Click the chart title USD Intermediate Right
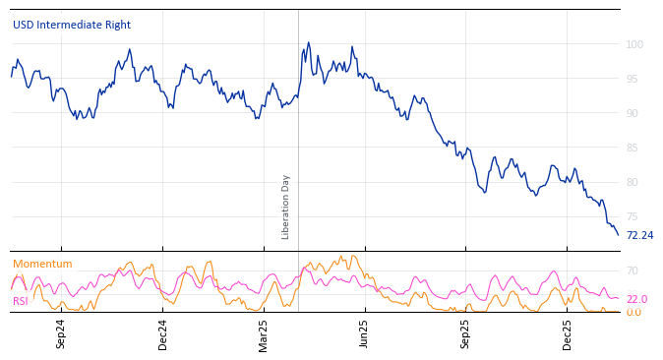72,26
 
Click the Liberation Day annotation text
286,207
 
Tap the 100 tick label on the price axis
634,45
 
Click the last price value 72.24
639,236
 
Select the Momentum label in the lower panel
42,265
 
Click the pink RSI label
21,301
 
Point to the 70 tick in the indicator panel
633,271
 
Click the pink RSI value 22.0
636,300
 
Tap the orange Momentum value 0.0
633,313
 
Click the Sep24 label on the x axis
61,333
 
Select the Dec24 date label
163,333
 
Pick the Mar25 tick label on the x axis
264,333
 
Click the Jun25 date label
365,333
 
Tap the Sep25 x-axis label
466,333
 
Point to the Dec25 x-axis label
568,333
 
